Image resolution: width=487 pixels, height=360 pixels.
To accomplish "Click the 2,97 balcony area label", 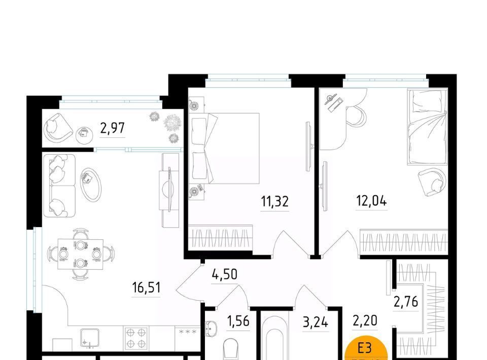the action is [113, 128].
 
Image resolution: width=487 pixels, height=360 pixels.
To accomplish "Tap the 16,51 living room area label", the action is [146, 287].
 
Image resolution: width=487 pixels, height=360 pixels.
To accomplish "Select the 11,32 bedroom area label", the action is [275, 201].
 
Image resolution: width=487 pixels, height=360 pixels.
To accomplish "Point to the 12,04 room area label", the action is [371, 201].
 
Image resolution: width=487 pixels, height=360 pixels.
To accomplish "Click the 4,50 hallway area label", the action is [225, 274].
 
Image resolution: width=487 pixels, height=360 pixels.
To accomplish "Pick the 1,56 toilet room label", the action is [238, 321].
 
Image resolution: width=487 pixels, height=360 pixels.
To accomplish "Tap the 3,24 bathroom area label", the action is [316, 322].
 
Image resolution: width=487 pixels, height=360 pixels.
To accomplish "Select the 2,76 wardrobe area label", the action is [406, 301].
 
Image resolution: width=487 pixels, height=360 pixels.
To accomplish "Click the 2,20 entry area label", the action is [365, 320].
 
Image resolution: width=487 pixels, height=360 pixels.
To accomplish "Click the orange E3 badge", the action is [366, 349].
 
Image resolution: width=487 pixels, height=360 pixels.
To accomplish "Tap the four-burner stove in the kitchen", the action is [136, 338].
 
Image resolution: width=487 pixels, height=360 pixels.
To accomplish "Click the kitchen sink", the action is [90, 338].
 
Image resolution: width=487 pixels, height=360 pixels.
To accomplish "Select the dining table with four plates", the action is [81, 254].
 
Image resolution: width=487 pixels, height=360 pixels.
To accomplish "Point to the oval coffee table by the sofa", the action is [91, 185].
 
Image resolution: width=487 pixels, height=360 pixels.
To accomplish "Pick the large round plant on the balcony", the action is [172, 123].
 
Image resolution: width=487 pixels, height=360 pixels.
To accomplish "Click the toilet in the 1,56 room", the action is [230, 350].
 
